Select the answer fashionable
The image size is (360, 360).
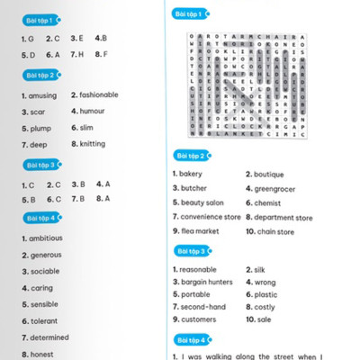98,95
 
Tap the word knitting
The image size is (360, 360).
92,144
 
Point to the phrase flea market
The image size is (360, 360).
199,231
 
